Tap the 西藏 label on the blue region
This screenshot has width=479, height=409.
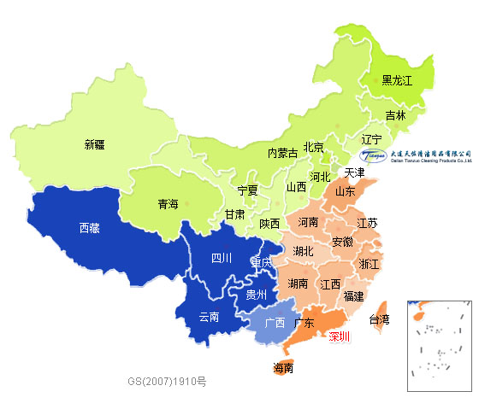point(90,228)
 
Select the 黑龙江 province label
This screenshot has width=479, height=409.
point(397,80)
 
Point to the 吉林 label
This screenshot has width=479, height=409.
point(395,114)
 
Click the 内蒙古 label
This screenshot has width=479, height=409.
point(282,154)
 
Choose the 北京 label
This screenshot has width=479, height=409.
point(314,147)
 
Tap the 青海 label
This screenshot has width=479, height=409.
point(169,204)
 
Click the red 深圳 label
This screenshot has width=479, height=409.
point(339,336)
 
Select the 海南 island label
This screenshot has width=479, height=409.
point(284,368)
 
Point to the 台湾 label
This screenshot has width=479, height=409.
point(379,319)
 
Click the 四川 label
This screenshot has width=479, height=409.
point(222,258)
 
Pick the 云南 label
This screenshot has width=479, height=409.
point(210,317)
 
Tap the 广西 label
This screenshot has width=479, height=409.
point(275,323)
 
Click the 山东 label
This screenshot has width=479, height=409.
point(346,192)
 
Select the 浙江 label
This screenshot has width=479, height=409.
point(370,263)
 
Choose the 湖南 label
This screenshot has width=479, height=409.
point(299,283)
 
